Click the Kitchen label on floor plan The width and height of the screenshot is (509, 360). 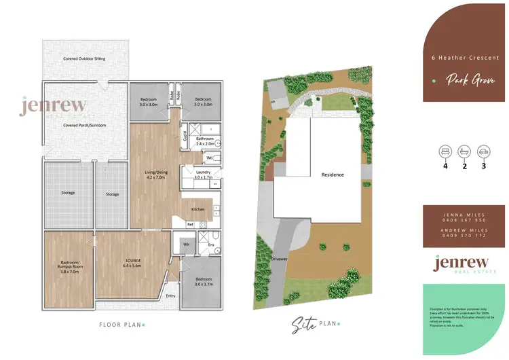point(197,209)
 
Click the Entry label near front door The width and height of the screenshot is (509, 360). point(170,295)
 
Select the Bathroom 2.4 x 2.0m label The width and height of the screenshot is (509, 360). point(205,141)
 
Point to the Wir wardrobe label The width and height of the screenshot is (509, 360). point(184,244)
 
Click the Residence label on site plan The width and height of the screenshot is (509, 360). point(333,175)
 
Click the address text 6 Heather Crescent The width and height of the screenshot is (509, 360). point(466,58)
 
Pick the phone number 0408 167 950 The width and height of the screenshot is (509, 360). point(466,219)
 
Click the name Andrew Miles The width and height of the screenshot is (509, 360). point(466,230)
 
